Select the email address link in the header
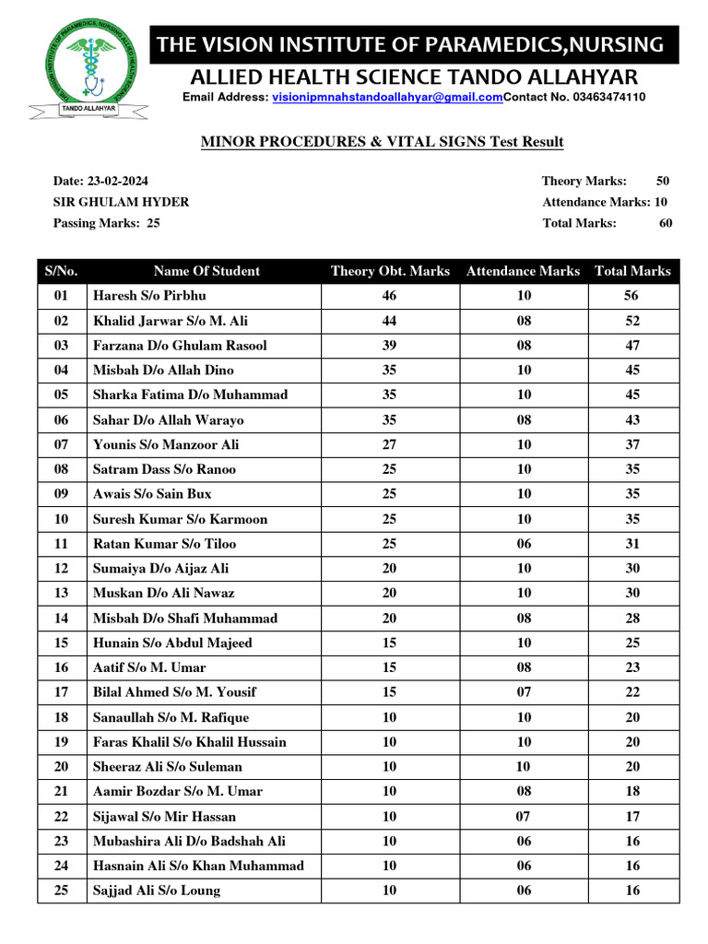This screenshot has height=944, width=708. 387,97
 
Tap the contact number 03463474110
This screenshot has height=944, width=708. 609,97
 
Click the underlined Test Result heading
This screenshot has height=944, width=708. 382,141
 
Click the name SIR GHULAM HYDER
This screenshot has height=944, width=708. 122,202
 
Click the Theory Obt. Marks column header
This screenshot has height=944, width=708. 390,271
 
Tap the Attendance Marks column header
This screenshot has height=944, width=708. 523,271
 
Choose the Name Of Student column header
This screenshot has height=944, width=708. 206,271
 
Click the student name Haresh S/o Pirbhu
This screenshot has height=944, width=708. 149,296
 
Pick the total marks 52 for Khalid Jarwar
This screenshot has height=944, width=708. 631,321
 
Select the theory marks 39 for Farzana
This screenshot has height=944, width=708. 389,346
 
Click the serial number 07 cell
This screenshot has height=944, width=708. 62,444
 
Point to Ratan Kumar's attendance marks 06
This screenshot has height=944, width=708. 524,544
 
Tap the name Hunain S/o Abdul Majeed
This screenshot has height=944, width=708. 172,643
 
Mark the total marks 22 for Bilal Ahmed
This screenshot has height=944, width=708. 631,692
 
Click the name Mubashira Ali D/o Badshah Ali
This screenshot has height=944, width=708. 189,841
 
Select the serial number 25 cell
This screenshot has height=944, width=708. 62,891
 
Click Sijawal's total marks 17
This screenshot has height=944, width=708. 631,816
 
